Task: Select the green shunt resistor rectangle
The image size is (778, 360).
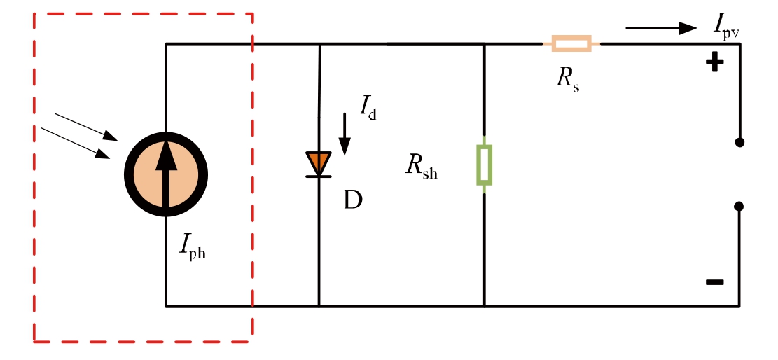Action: pyautogui.click(x=484, y=165)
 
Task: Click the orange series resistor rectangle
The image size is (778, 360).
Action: pyautogui.click(x=571, y=44)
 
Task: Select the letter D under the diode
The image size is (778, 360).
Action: pyautogui.click(x=353, y=201)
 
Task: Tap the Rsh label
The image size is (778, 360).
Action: pyautogui.click(x=421, y=168)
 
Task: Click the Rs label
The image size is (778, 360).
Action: pyautogui.click(x=567, y=79)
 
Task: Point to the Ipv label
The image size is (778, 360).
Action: pyautogui.click(x=725, y=27)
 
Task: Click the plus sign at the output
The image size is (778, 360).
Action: pyautogui.click(x=714, y=64)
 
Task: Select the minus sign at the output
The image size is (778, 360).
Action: pyautogui.click(x=714, y=282)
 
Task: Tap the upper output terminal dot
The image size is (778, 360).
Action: pyautogui.click(x=739, y=142)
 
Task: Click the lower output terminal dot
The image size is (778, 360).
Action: pyautogui.click(x=739, y=206)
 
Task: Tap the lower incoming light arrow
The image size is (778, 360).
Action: pyautogui.click(x=76, y=143)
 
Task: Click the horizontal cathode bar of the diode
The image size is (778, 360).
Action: pyautogui.click(x=319, y=176)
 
